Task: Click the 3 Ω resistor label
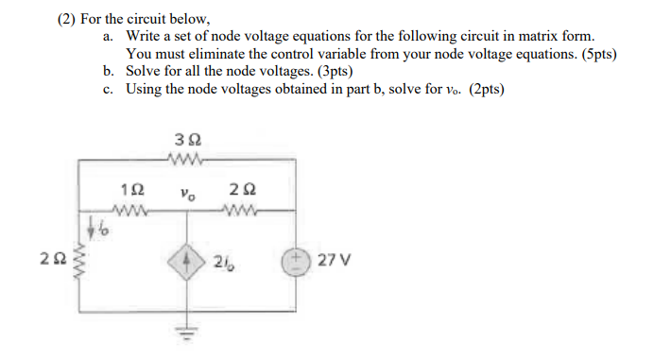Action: point(187,139)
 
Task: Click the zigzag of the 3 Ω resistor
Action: point(186,157)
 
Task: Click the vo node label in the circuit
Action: point(187,193)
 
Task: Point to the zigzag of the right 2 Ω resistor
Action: point(241,210)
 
